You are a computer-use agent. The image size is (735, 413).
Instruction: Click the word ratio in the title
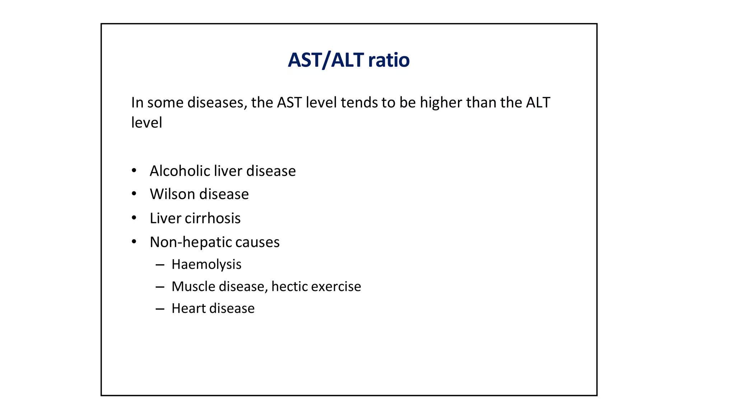[389, 60]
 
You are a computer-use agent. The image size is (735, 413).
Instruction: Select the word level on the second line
[146, 123]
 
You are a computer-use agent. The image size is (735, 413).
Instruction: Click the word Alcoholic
[179, 171]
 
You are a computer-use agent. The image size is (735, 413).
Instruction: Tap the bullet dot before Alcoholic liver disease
[134, 171]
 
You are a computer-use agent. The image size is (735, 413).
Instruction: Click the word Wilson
[172, 194]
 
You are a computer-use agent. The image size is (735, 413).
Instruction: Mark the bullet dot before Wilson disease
[134, 194]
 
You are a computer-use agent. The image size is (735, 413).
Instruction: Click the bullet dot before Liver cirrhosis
[134, 218]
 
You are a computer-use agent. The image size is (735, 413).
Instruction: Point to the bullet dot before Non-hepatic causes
[134, 242]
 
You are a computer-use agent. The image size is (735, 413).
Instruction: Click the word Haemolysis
[206, 265]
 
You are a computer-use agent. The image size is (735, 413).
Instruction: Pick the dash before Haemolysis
[160, 265]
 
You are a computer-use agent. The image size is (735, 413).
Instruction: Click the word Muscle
[193, 286]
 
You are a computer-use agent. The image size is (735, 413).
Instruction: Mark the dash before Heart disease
[160, 309]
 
